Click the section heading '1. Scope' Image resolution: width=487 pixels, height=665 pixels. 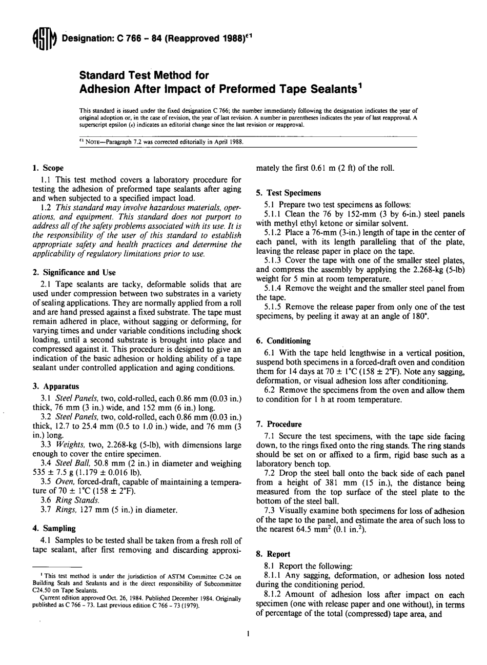coord(48,168)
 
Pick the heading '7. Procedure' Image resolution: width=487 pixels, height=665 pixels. coord(279,425)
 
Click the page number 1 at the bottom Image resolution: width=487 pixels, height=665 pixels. coord(248,634)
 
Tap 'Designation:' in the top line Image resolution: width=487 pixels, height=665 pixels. coord(83,38)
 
